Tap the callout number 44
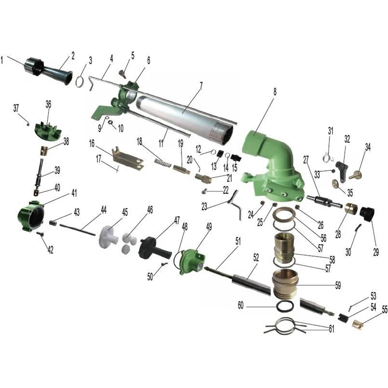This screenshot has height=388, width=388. tap(103, 210)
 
